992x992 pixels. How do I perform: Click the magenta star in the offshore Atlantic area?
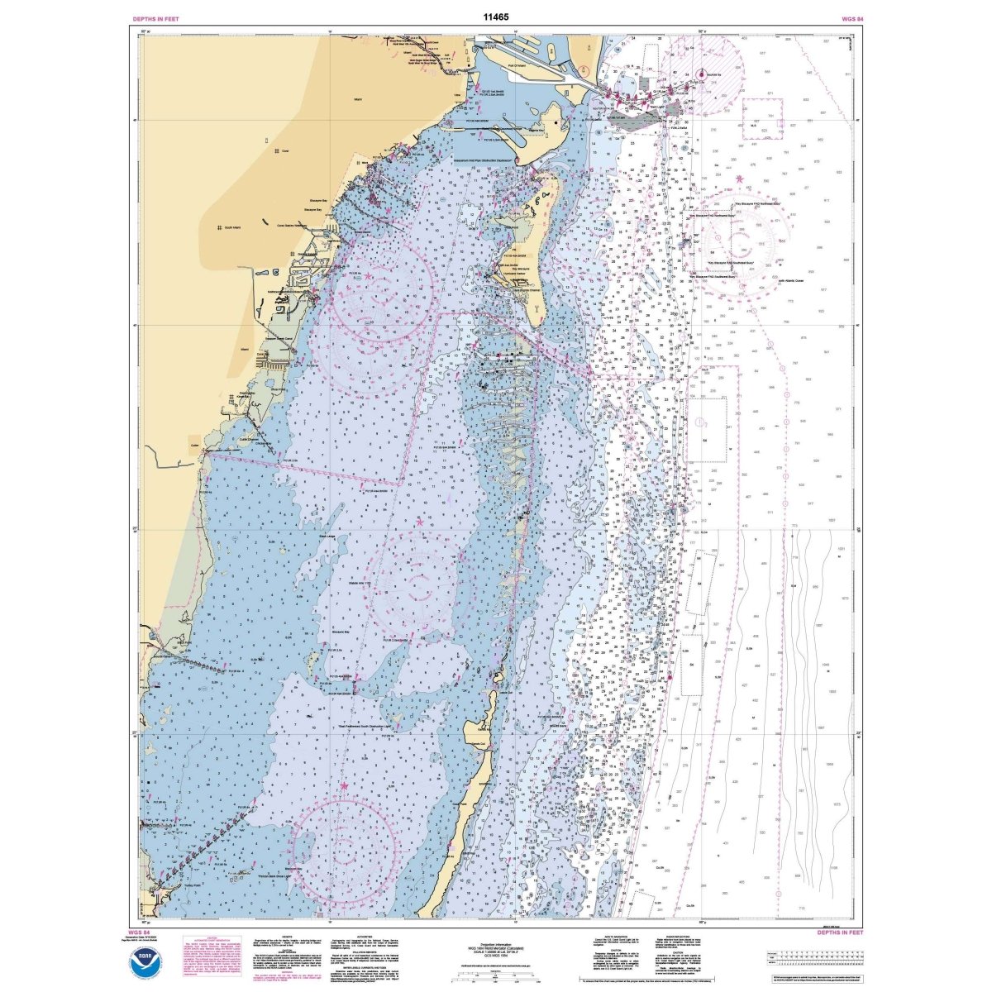click(x=738, y=179)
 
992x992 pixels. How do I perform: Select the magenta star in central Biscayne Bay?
click(x=420, y=522)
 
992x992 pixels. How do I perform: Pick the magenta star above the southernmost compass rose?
click(x=344, y=785)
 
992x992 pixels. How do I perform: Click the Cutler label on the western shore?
click(x=196, y=444)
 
